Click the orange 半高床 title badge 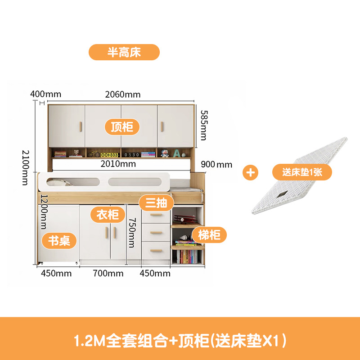(x=124, y=52)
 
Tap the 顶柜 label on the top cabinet (x=122, y=126)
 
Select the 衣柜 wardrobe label (x=108, y=214)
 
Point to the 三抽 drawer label (x=156, y=203)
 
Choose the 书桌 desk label (x=59, y=241)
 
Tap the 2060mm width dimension (x=123, y=94)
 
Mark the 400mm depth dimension (x=46, y=94)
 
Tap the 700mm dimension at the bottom (x=108, y=273)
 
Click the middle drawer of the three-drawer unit (x=156, y=232)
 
